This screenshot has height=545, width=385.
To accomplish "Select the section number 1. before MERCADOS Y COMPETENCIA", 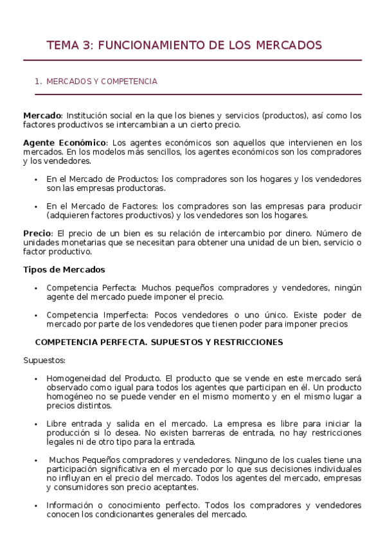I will pos(38,82).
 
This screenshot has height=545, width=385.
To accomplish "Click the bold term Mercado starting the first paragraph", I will pos(42,116).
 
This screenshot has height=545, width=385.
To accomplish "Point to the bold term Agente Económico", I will pos(64,143).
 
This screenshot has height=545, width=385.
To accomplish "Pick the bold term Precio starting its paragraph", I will pos(37,233).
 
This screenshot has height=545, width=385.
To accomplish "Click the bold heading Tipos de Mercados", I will pos(64,269).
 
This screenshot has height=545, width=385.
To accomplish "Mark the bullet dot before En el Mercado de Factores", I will pos(37,207).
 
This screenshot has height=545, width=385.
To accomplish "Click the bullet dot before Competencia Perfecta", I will pos(37,289).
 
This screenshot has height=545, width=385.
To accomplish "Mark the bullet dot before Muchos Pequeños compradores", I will pos(37,461).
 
